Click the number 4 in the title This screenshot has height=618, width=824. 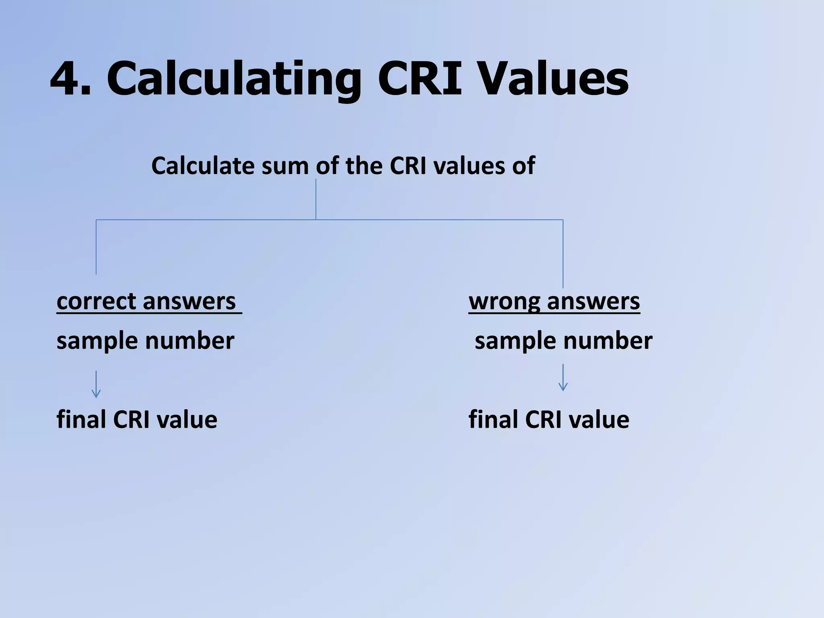[x=66, y=78]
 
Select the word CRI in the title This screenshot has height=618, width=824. [x=419, y=78]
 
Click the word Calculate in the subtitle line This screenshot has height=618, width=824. [x=203, y=166]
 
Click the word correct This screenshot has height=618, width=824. [x=96, y=301]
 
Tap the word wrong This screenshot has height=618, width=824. [x=505, y=301]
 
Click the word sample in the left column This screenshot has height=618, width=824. [x=98, y=341]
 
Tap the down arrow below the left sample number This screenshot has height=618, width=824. [x=96, y=384]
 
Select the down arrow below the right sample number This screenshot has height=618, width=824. [x=563, y=377]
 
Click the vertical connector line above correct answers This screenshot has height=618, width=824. [x=96, y=247]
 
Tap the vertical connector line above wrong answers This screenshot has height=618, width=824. [x=563, y=253]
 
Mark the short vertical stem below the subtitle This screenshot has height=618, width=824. [x=316, y=199]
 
